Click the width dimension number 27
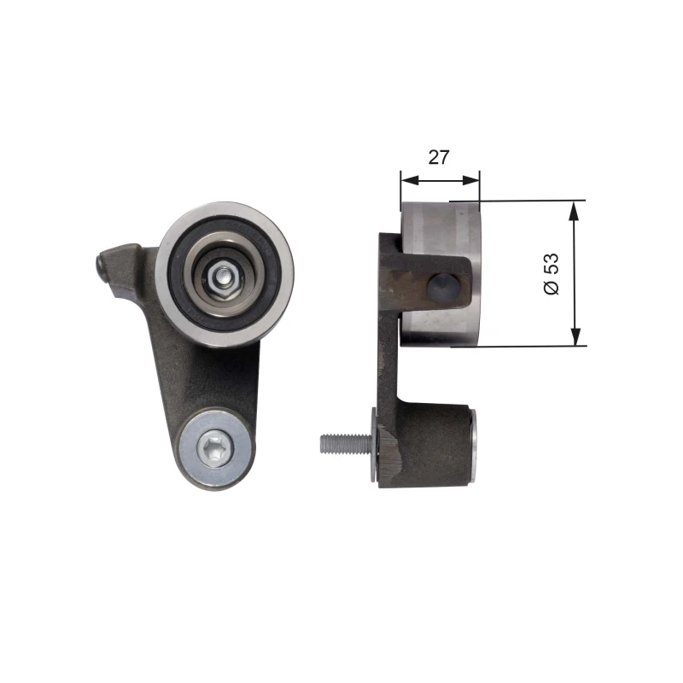[x=438, y=157]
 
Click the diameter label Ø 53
[x=552, y=273]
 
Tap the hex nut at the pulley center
[x=224, y=275]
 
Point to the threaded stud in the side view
[x=346, y=443]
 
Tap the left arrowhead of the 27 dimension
[x=410, y=180]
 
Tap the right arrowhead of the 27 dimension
[x=470, y=180]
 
